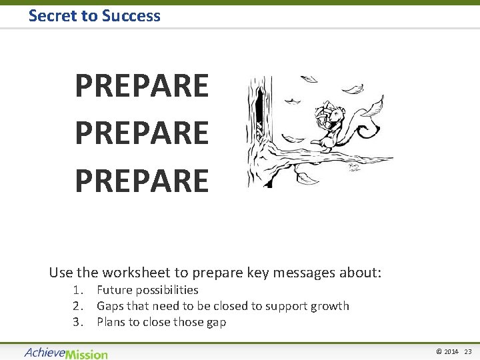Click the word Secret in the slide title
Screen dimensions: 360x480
(x=53, y=15)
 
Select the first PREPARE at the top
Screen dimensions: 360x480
(x=141, y=86)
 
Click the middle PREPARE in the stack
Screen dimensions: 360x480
(x=141, y=133)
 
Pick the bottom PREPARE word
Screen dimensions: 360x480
(x=141, y=181)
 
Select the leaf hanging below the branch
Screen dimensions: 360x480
(x=308, y=178)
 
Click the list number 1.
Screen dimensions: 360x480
(x=78, y=290)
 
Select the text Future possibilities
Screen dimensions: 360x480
(x=147, y=290)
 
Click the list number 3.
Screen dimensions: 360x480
(x=78, y=322)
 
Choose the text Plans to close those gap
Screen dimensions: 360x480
(x=161, y=322)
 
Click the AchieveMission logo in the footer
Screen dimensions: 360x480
(x=65, y=352)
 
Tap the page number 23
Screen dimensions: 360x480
(x=467, y=352)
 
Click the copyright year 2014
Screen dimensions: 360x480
(x=451, y=352)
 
